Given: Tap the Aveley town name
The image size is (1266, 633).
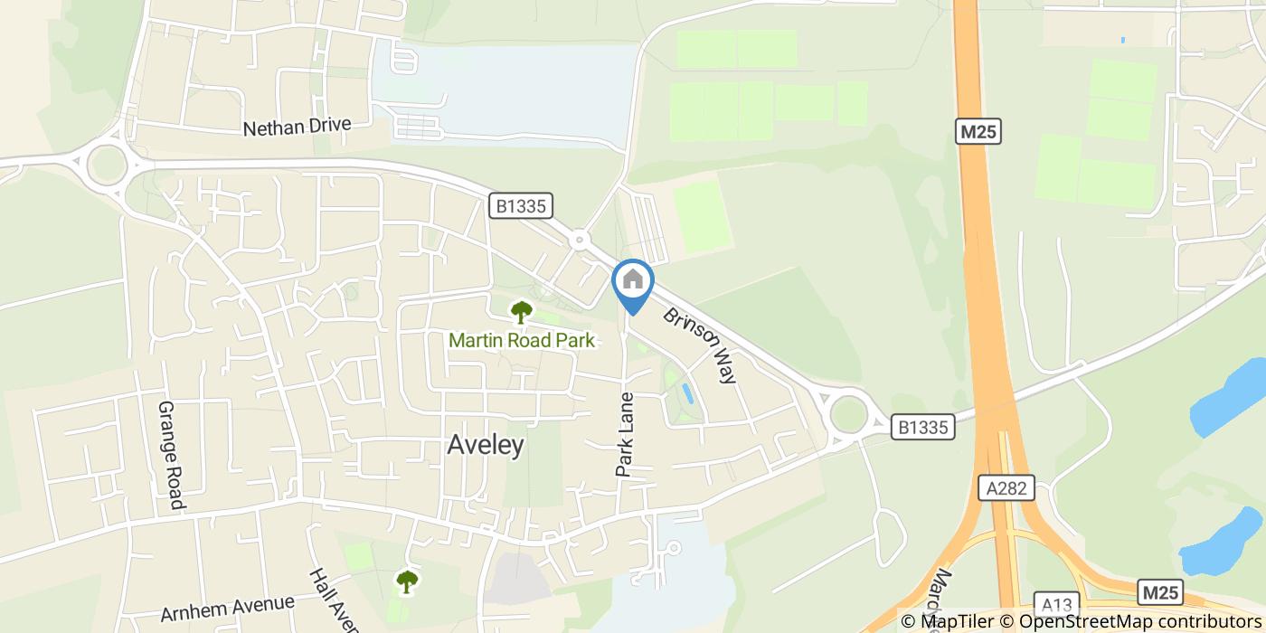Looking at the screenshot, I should point(486,445).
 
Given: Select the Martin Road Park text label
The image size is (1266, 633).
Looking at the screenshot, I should point(522,341).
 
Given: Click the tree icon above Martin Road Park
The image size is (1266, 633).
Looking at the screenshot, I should point(521,313).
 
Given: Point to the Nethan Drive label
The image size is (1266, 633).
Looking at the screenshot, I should point(297,128).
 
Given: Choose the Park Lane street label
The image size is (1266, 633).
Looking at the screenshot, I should point(625,434).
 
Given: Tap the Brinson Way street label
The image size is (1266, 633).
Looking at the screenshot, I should point(701,345).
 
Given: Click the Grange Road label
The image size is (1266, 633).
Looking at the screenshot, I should point(171,455).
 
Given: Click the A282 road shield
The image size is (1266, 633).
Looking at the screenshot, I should point(1006,488).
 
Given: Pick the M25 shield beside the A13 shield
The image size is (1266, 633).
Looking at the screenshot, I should point(1160,592).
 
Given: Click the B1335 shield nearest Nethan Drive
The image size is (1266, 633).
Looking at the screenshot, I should point(521,206).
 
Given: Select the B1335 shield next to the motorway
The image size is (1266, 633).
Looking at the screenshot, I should point(923,427).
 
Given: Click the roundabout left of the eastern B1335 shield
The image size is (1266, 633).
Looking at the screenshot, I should point(848,415).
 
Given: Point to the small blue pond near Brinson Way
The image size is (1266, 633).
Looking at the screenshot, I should point(687,393).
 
